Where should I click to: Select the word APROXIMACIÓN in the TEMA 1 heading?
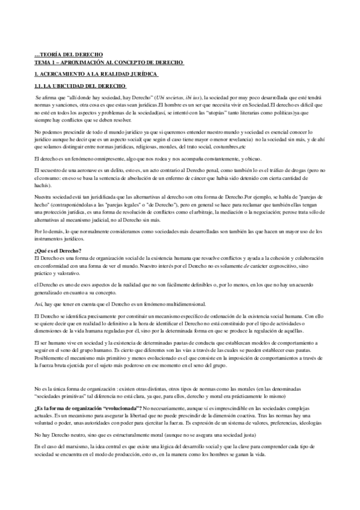click(x=84, y=62)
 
